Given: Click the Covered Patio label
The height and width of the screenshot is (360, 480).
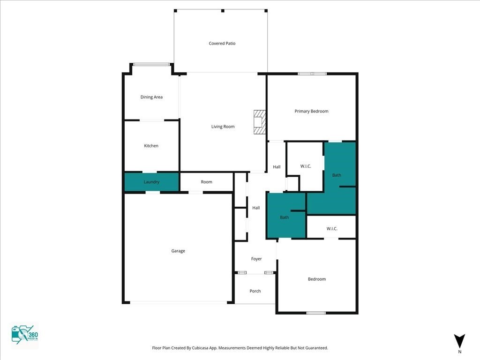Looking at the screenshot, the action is click(x=222, y=44).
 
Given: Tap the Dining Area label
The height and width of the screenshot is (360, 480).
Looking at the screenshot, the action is click(x=151, y=97).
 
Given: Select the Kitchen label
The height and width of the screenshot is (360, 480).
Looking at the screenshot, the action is click(x=151, y=146).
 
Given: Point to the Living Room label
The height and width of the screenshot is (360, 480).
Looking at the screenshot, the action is click(x=223, y=127).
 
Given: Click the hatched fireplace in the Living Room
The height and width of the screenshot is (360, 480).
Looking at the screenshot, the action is click(x=259, y=122).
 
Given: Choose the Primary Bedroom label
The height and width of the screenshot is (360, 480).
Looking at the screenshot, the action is click(x=311, y=111).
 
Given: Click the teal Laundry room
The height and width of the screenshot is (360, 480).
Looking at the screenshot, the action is click(x=151, y=182).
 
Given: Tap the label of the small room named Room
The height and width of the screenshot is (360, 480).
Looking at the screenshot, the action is click(x=207, y=182).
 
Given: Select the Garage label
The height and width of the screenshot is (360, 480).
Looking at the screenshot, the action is click(x=178, y=251).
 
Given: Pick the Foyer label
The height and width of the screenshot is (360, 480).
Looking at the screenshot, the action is click(x=256, y=259).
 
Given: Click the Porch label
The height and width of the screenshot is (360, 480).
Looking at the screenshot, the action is click(x=255, y=291).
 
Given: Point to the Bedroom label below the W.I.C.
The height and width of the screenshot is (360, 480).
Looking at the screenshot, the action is click(x=317, y=279).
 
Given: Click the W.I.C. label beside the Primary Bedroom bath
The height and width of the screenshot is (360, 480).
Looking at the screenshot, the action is click(x=306, y=166).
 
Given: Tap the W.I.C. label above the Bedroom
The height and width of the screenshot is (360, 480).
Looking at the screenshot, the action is click(x=332, y=229).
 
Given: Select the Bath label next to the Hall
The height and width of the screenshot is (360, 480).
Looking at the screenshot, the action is click(x=285, y=217).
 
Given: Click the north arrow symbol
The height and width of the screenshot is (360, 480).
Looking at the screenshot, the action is click(x=459, y=341).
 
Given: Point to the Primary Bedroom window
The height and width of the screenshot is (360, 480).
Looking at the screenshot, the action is click(x=312, y=74).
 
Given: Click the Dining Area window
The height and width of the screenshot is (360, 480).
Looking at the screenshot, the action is click(x=151, y=65).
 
